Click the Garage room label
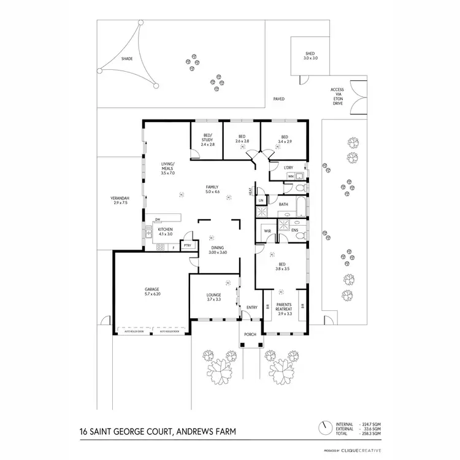click(152, 291)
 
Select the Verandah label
click(120, 200)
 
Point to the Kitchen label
click(166, 232)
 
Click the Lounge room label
click(213, 297)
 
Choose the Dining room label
click(218, 250)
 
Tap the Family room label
click(213, 190)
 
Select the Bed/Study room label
click(207, 139)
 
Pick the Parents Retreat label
click(285, 308)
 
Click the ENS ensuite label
click(294, 231)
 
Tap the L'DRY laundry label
click(289, 167)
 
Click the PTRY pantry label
click(188, 245)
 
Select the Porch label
click(250, 335)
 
